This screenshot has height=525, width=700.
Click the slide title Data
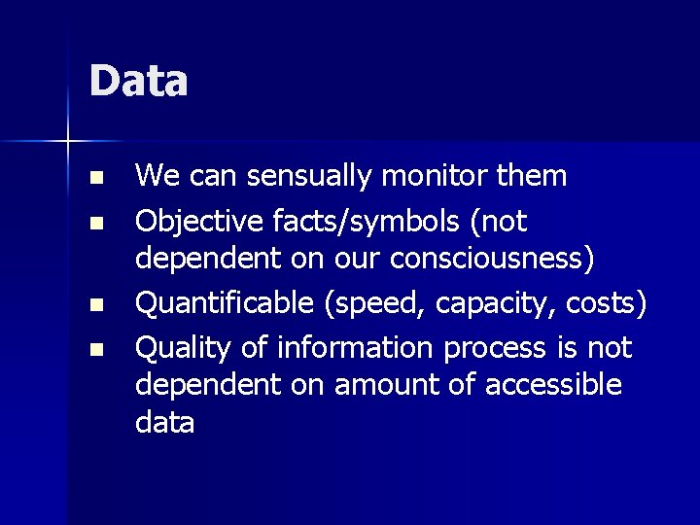click(x=138, y=81)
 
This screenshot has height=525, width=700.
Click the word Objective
click(x=197, y=222)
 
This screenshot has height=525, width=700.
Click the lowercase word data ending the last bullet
click(x=164, y=423)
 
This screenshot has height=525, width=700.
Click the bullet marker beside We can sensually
click(x=93, y=179)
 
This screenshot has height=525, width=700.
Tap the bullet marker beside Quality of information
click(x=93, y=349)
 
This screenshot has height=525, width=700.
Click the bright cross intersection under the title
click(x=68, y=142)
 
